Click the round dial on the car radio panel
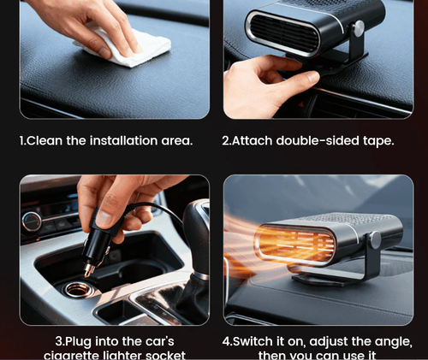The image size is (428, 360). [32, 221]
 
